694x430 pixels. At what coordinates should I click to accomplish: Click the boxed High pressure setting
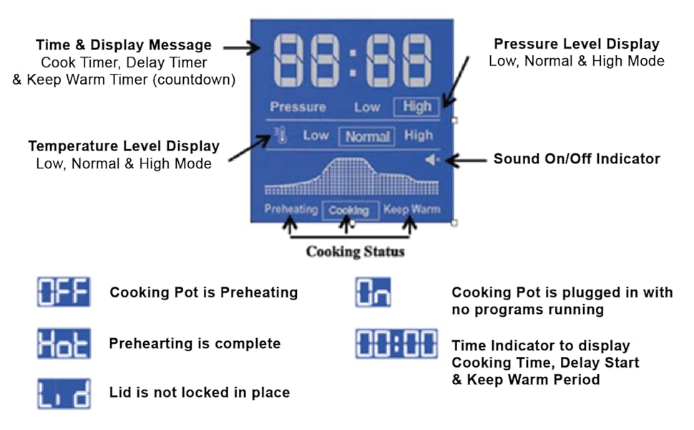coord(416,107)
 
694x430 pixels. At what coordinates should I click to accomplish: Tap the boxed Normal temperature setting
coord(368,136)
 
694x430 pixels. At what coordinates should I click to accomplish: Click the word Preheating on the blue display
coord(290,210)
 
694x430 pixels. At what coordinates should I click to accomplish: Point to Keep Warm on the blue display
coord(411,210)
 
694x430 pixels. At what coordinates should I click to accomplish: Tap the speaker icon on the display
coord(431,159)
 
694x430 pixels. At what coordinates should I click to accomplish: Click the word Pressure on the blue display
coord(298,107)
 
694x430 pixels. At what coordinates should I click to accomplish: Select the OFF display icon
coord(64,292)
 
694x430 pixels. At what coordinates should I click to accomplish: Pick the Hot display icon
coord(64,344)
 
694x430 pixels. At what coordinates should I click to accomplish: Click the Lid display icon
coord(64,393)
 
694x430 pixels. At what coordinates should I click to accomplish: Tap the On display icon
coord(373,292)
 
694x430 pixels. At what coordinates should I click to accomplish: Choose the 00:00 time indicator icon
coord(396,344)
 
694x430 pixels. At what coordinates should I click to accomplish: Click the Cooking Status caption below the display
coord(355,252)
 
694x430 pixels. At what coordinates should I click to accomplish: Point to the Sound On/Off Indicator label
coord(577,158)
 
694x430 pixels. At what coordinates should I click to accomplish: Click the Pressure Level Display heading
coord(577,44)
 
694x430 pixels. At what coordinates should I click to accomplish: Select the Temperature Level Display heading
coord(124,146)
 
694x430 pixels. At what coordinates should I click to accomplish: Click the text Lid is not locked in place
coord(200,392)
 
